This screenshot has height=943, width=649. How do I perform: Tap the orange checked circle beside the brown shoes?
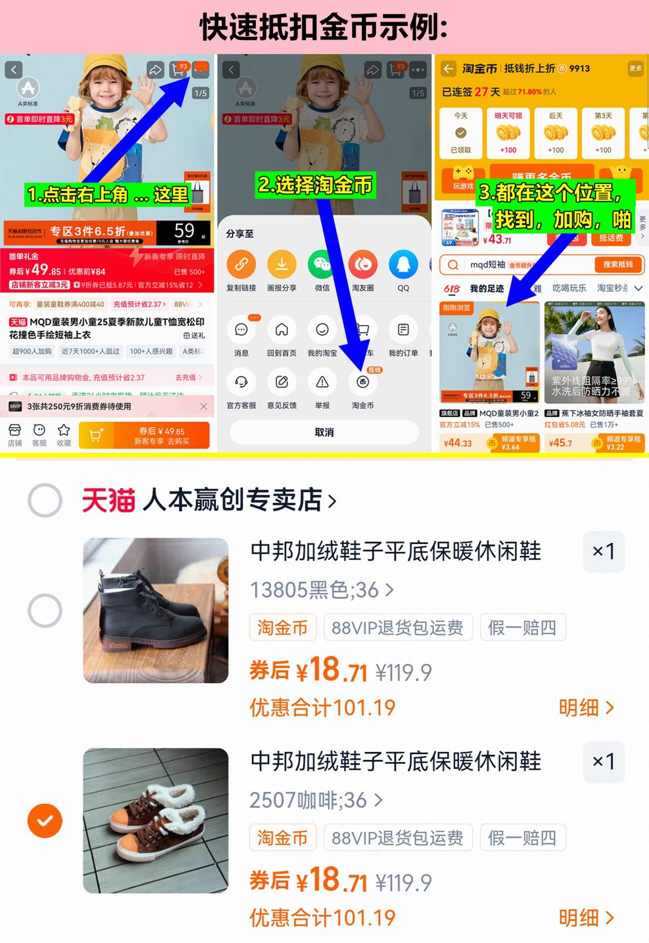45,820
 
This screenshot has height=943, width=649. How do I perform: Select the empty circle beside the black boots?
45,610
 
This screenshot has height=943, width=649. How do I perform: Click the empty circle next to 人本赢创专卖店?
45,500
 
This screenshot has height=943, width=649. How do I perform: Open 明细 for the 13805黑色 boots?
586,707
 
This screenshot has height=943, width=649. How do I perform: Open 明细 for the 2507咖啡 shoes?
586,918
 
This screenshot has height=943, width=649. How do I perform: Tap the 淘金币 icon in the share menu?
363,382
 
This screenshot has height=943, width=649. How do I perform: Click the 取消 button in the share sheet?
324,432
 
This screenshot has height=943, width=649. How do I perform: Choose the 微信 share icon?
322,265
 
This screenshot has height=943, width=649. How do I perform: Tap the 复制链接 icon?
241,265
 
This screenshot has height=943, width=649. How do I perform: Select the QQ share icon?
403,265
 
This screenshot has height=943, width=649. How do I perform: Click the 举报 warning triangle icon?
322,382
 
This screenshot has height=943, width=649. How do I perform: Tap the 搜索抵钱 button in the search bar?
618,265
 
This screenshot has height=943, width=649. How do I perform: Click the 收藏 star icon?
63,431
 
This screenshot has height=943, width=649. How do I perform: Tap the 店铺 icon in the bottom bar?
15,431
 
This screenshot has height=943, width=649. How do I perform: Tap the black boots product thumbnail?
156,610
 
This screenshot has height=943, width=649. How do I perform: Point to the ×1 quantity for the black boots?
604,552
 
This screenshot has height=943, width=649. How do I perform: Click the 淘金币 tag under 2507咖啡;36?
283,837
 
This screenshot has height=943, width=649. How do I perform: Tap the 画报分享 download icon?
282,265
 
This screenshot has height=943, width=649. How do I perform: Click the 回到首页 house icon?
282,330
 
